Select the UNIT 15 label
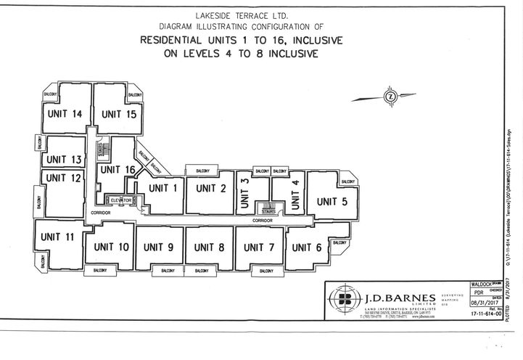point(120,114)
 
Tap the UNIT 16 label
point(118,170)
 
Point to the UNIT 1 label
point(164,189)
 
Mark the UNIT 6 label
point(307,247)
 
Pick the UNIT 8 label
point(210,247)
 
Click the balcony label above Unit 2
point(199,171)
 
